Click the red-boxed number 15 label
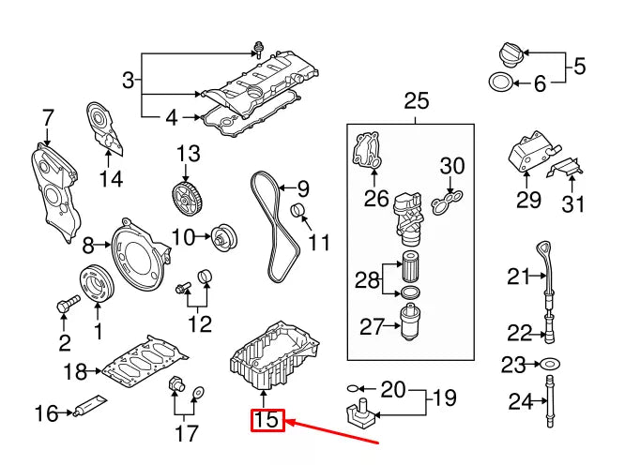267,420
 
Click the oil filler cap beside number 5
504,52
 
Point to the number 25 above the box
415,101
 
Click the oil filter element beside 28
410,266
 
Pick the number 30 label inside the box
452,166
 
